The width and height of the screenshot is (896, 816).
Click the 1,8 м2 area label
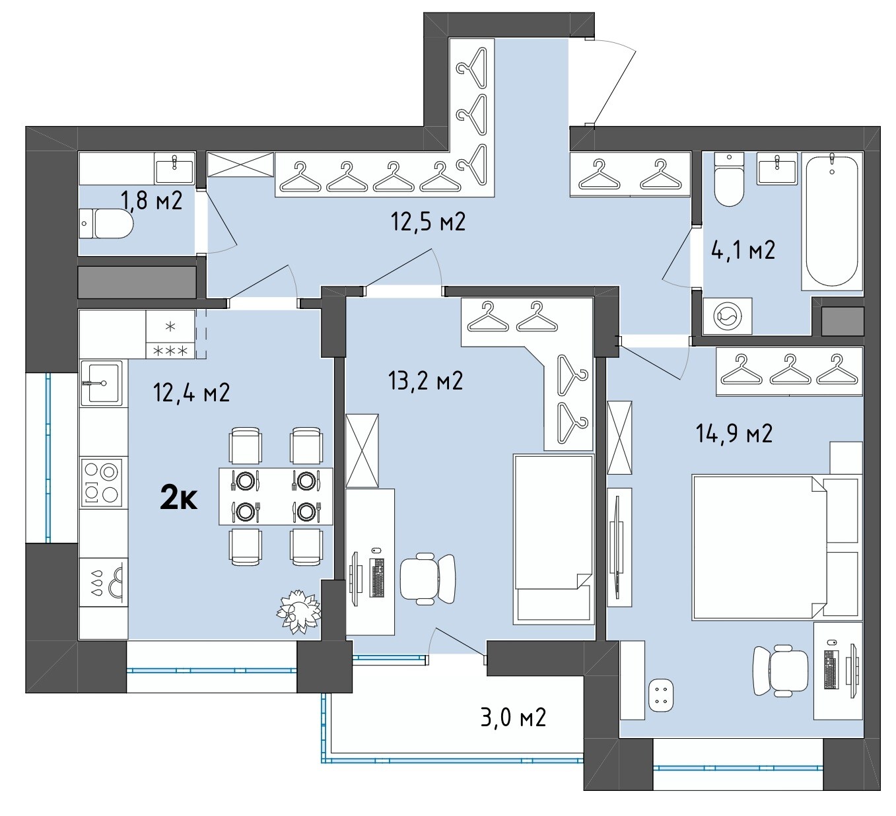[151, 201]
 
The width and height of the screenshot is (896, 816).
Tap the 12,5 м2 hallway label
[428, 221]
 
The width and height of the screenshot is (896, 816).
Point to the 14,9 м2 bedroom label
[734, 433]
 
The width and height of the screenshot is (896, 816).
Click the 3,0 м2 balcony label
[513, 718]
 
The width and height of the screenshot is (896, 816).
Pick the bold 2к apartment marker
[178, 499]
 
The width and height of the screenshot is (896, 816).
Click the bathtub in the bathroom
[832, 221]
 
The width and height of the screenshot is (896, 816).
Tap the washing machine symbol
[727, 316]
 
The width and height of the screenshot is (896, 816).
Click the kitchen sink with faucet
[102, 383]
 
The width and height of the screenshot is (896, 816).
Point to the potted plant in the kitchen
[299, 611]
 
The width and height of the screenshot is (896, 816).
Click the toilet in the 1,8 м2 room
[106, 224]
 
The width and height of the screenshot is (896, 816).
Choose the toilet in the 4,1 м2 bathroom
[729, 179]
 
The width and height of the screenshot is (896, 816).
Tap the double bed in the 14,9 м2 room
[775, 547]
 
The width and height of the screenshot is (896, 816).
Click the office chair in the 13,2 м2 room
[427, 578]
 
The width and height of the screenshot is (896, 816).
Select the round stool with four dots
[660, 695]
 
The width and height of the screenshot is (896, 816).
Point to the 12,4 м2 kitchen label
[191, 393]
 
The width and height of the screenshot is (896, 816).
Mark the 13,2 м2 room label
[425, 380]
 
